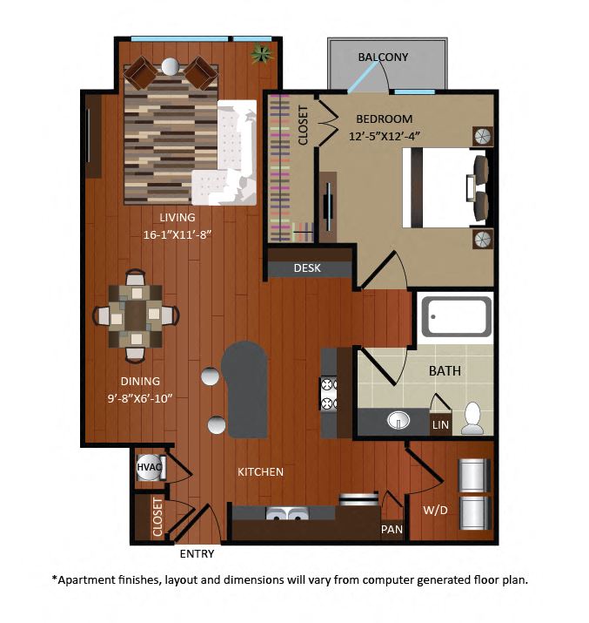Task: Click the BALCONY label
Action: point(383,58)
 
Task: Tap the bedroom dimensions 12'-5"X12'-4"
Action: point(384,136)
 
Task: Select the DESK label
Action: point(307,268)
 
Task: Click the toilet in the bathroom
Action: point(472,418)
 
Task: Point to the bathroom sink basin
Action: point(398,420)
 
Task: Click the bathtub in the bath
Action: point(457,316)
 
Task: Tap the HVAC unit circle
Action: point(149,467)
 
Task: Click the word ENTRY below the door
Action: point(197,554)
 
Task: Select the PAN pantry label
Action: point(392,529)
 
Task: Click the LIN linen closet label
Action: point(440,424)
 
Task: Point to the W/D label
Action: point(435,510)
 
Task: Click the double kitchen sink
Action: point(287,513)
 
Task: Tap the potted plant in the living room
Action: point(262,53)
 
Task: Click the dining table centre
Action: point(136,316)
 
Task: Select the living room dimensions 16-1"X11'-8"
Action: point(177,234)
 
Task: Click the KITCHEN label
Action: point(260,472)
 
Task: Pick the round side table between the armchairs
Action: point(171,67)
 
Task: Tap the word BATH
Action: point(445,371)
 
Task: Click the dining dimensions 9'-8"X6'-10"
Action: point(140,398)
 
